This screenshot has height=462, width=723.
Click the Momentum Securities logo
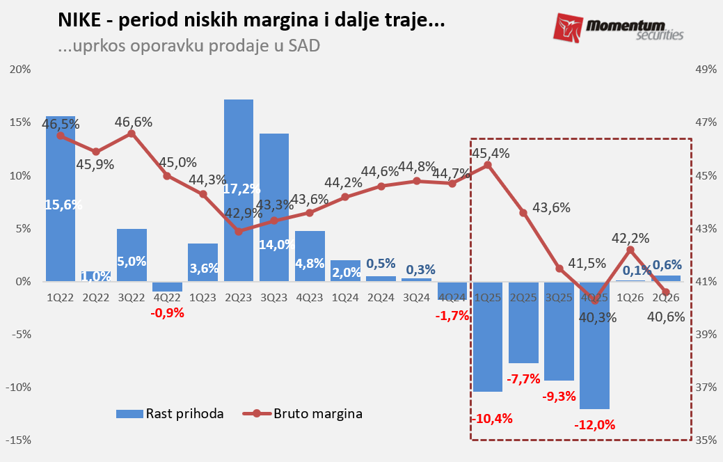coord(618,28)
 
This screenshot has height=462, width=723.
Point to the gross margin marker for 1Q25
coord(488,165)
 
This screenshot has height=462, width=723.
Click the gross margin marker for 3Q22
coord(132,134)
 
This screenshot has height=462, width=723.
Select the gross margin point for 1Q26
coord(630,250)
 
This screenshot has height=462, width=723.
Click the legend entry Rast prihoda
coord(170,414)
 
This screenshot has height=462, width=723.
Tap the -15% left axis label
coord(19,440)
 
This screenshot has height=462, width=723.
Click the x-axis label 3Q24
coord(416,297)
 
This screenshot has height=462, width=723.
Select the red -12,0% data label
coord(595,424)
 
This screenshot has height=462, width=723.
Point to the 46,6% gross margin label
coord(134,122)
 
